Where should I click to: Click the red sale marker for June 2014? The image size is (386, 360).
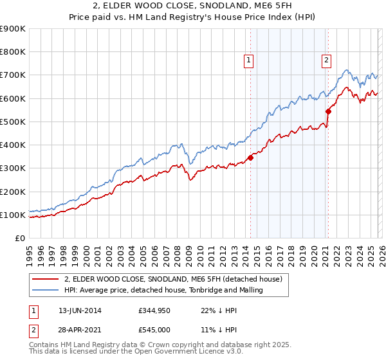click(x=250, y=158)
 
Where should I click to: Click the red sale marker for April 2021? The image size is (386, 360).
click(x=328, y=111)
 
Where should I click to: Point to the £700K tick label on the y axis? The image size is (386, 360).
click(x=13, y=75)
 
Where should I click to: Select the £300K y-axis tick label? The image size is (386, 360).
click(x=13, y=168)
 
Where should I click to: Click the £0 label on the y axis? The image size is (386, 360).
click(x=19, y=239)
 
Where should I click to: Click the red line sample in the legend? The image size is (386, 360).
click(x=46, y=279)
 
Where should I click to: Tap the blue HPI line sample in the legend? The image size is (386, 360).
click(x=46, y=290)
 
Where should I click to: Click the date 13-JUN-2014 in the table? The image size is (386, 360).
click(x=80, y=310)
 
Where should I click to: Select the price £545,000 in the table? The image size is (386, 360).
click(x=155, y=330)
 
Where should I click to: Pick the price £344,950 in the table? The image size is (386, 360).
click(x=155, y=310)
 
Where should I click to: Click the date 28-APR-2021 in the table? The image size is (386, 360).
click(x=80, y=330)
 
